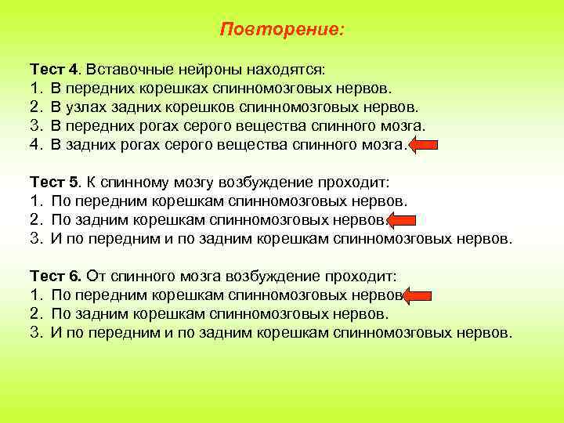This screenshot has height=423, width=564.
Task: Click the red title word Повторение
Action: click(281, 30)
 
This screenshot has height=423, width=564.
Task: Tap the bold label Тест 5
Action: click(56, 183)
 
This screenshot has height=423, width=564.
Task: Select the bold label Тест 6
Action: click(56, 277)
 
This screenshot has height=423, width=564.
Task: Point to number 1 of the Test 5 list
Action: click(35, 201)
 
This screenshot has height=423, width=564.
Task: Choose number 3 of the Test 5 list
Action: click(35, 239)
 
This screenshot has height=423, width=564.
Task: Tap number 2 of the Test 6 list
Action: click(35, 314)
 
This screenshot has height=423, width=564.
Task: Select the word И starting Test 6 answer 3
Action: click(56, 333)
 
